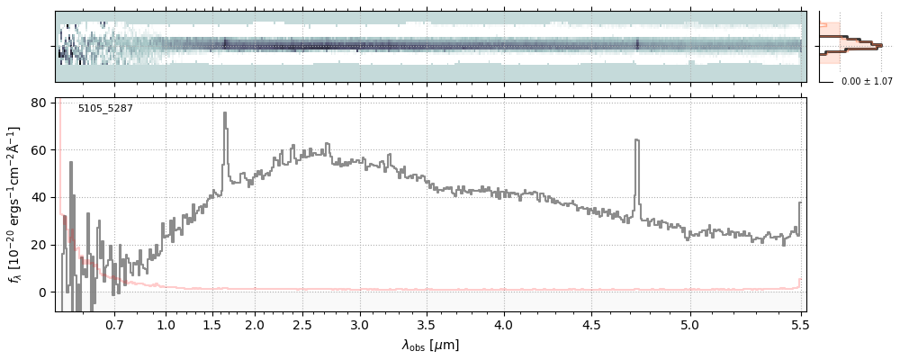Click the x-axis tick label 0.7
tap(114, 324)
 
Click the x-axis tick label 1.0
tap(166, 324)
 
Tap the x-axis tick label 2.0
tap(255, 324)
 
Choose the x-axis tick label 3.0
tap(360, 324)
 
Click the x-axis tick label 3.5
tap(427, 324)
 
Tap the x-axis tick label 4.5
tap(591, 324)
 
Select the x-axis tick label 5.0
tap(690, 324)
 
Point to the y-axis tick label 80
tap(40, 103)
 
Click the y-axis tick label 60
tap(40, 150)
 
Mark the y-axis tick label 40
tap(40, 198)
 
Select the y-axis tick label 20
tap(40, 245)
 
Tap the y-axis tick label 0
tap(43, 292)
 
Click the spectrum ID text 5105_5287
tap(105, 109)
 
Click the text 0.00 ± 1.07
tap(867, 82)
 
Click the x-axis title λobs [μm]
tap(430, 345)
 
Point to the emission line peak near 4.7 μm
tap(636, 140)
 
